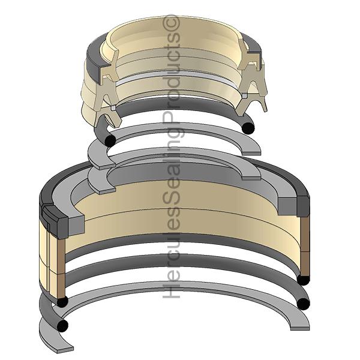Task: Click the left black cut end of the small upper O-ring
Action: coord(110,140)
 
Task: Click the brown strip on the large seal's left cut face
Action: coord(61,268)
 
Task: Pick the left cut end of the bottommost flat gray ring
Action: coord(65,349)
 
